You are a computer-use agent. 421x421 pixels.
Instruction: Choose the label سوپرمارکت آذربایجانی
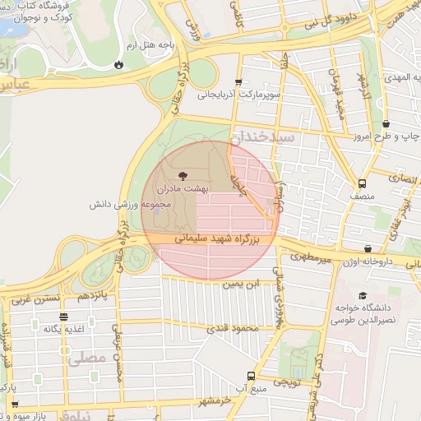pyautogui.click(x=239, y=95)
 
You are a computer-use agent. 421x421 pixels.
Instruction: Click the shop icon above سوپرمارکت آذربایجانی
pyautogui.click(x=238, y=82)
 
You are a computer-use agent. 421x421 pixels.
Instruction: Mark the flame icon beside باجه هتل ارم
pyautogui.click(x=120, y=63)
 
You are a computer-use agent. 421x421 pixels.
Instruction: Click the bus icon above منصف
pyautogui.click(x=363, y=183)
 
